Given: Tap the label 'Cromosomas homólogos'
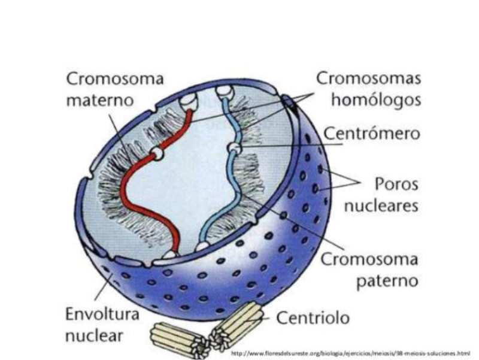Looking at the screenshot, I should click(368, 88).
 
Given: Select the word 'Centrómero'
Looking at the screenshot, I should click(372, 134).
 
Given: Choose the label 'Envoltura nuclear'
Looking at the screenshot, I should click(102, 324).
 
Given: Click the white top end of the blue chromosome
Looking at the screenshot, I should click(223, 91).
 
